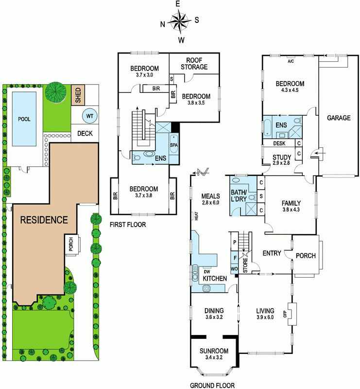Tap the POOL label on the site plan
24,119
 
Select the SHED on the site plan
78,95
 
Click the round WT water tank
90,116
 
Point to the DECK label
85,133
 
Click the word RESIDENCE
44,220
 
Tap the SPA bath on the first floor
174,144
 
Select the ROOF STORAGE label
194,64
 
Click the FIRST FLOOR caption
128,225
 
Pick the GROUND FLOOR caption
212,385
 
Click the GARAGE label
339,118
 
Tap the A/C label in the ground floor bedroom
291,61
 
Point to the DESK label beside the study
279,143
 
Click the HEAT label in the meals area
197,216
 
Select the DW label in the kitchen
207,272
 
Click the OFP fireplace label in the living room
285,314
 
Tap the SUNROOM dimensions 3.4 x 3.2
214,357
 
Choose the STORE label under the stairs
245,265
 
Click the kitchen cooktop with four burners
206,288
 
